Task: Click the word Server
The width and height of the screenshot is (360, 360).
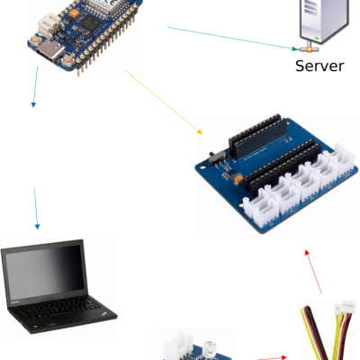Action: pos(319,66)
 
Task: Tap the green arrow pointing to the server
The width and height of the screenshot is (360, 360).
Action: pos(232,38)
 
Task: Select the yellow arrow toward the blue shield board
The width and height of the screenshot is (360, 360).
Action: pos(164,103)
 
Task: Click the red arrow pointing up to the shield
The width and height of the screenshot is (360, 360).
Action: pos(313,271)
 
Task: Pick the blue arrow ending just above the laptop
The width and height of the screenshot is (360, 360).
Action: pos(36,209)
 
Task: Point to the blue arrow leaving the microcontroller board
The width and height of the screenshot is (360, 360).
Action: pos(35,86)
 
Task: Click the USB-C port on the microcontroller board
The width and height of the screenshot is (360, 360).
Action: pos(49,50)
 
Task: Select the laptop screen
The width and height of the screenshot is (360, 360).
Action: pos(45,272)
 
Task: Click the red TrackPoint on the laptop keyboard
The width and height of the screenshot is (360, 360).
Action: pos(57,310)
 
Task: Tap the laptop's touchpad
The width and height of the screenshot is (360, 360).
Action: pos(67,319)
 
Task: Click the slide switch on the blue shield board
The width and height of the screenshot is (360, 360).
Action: pos(218,157)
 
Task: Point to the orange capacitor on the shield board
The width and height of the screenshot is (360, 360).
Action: pos(238,179)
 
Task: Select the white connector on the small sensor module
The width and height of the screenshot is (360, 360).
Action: pos(179,346)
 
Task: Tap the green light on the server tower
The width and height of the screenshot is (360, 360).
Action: pos(317,38)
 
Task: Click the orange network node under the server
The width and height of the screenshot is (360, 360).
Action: pos(309,49)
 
